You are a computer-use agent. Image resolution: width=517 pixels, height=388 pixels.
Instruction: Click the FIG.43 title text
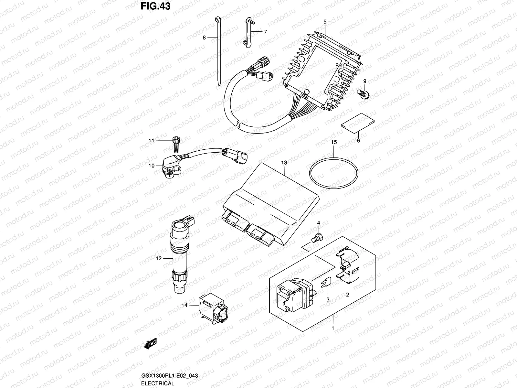[x=155, y=6]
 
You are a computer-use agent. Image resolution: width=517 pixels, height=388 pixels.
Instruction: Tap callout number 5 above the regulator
[x=325, y=22]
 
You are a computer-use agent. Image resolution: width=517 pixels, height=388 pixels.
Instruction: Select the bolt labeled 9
[x=364, y=94]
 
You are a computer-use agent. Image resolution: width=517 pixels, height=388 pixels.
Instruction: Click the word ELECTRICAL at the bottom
[x=158, y=383]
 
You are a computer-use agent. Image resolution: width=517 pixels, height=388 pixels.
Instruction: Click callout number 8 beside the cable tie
[x=204, y=38]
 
